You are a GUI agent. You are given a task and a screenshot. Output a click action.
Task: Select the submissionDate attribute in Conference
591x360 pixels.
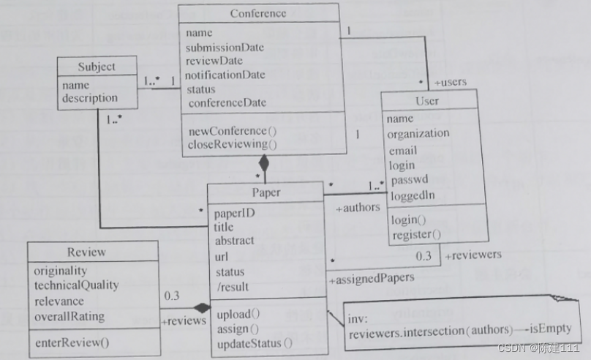click(x=225, y=47)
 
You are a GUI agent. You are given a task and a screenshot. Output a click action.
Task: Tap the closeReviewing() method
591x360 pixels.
click(x=226, y=144)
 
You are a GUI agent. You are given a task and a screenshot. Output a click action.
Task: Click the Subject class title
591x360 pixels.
click(x=97, y=67)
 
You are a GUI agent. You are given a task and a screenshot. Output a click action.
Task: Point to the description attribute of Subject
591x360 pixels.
click(x=89, y=97)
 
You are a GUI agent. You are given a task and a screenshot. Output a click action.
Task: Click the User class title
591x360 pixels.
click(x=427, y=100)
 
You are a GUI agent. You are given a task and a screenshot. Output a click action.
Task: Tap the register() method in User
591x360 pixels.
click(x=416, y=234)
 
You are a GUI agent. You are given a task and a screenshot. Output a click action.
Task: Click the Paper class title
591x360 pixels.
click(x=266, y=193)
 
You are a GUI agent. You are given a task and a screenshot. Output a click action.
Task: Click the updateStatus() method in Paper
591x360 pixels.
click(x=254, y=342)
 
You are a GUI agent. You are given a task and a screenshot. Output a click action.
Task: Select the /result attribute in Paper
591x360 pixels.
click(x=232, y=285)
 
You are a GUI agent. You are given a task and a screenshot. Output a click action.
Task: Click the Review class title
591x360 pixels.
click(x=86, y=252)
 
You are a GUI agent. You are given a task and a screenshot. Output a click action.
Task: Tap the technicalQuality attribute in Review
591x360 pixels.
click(x=76, y=285)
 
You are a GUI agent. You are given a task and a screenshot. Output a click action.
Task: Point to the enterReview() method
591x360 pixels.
click(x=71, y=342)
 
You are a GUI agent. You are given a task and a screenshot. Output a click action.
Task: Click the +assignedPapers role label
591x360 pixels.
click(x=372, y=278)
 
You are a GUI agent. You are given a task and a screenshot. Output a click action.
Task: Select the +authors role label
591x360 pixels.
click(x=358, y=208)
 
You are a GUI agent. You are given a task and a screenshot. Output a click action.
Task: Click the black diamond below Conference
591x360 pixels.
click(x=265, y=165)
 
